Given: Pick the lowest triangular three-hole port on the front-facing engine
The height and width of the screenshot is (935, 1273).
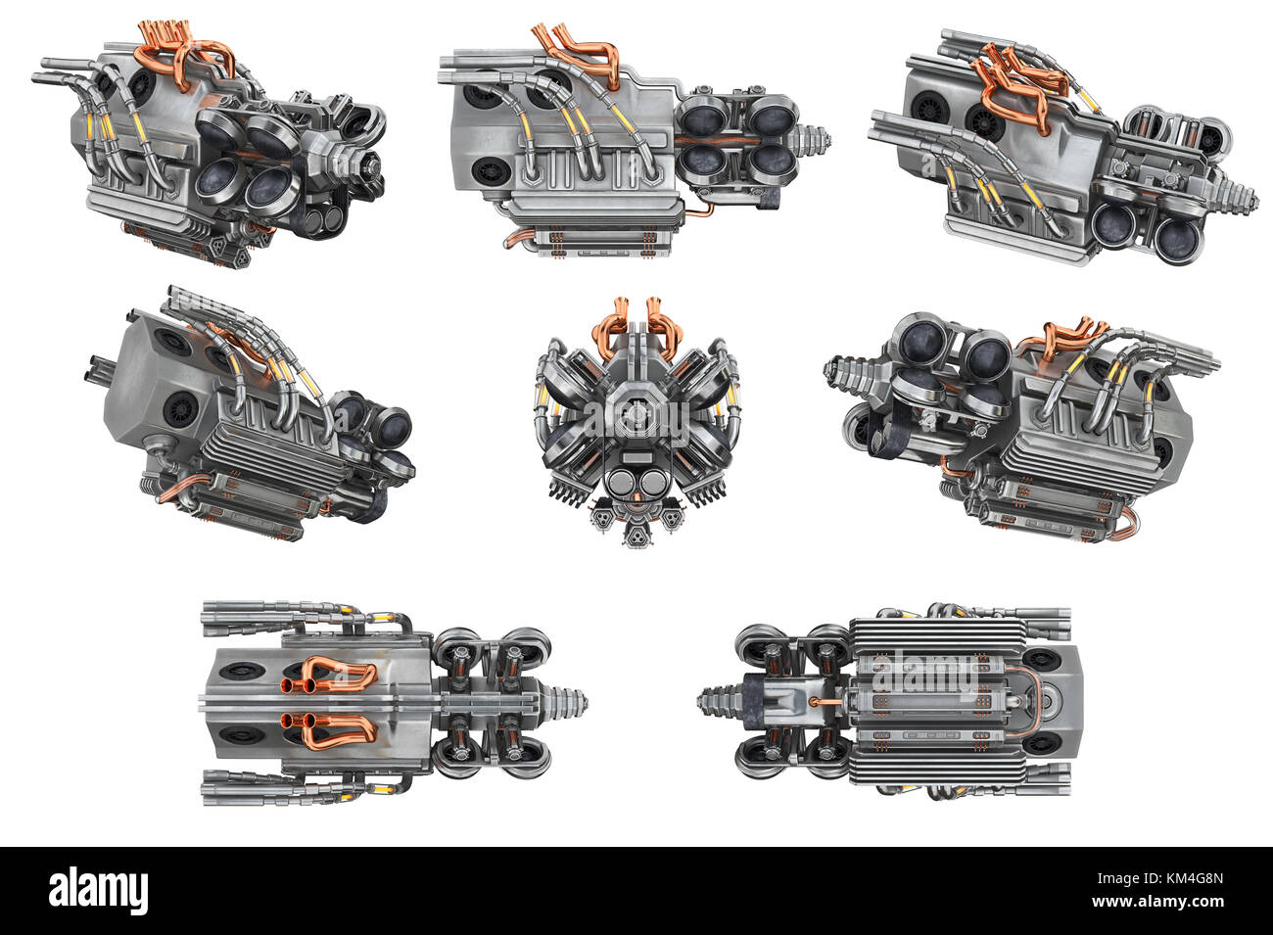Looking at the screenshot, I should coord(636,534).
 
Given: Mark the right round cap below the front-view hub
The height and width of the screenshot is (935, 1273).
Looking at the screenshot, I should coord(651,484).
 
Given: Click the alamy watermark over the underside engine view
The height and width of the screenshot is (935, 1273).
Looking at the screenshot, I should coord(925,676).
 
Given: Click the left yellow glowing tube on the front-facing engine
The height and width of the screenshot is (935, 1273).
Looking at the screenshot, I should coord(541,397).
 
